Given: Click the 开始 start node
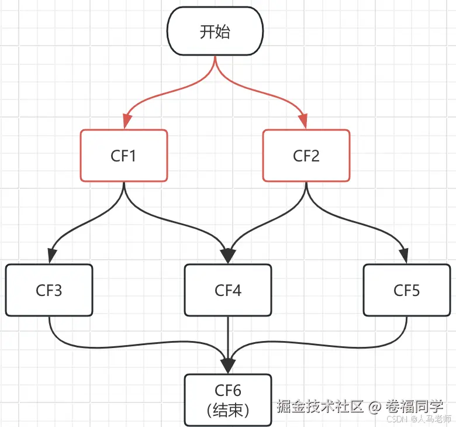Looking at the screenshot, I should tap(215, 31).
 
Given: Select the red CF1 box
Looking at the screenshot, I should tap(123, 156).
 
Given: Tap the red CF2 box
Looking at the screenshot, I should tap(306, 156).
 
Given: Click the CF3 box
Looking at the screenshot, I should tap(49, 290).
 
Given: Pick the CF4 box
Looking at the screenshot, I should tap(228, 290).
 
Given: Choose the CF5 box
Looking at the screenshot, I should tap(406, 290).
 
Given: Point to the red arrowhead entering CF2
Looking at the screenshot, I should tap(304, 122).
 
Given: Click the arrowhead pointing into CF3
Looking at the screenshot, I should tap(52, 256).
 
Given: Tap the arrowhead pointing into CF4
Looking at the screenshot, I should tap(228, 256).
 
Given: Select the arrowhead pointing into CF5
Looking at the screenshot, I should tap(404, 256).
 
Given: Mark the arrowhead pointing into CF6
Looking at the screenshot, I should tap(228, 366).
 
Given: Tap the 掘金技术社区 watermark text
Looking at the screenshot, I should tap(320, 405).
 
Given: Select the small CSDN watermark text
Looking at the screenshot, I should tap(397, 419).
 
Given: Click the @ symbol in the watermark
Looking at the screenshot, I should tap(374, 405).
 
